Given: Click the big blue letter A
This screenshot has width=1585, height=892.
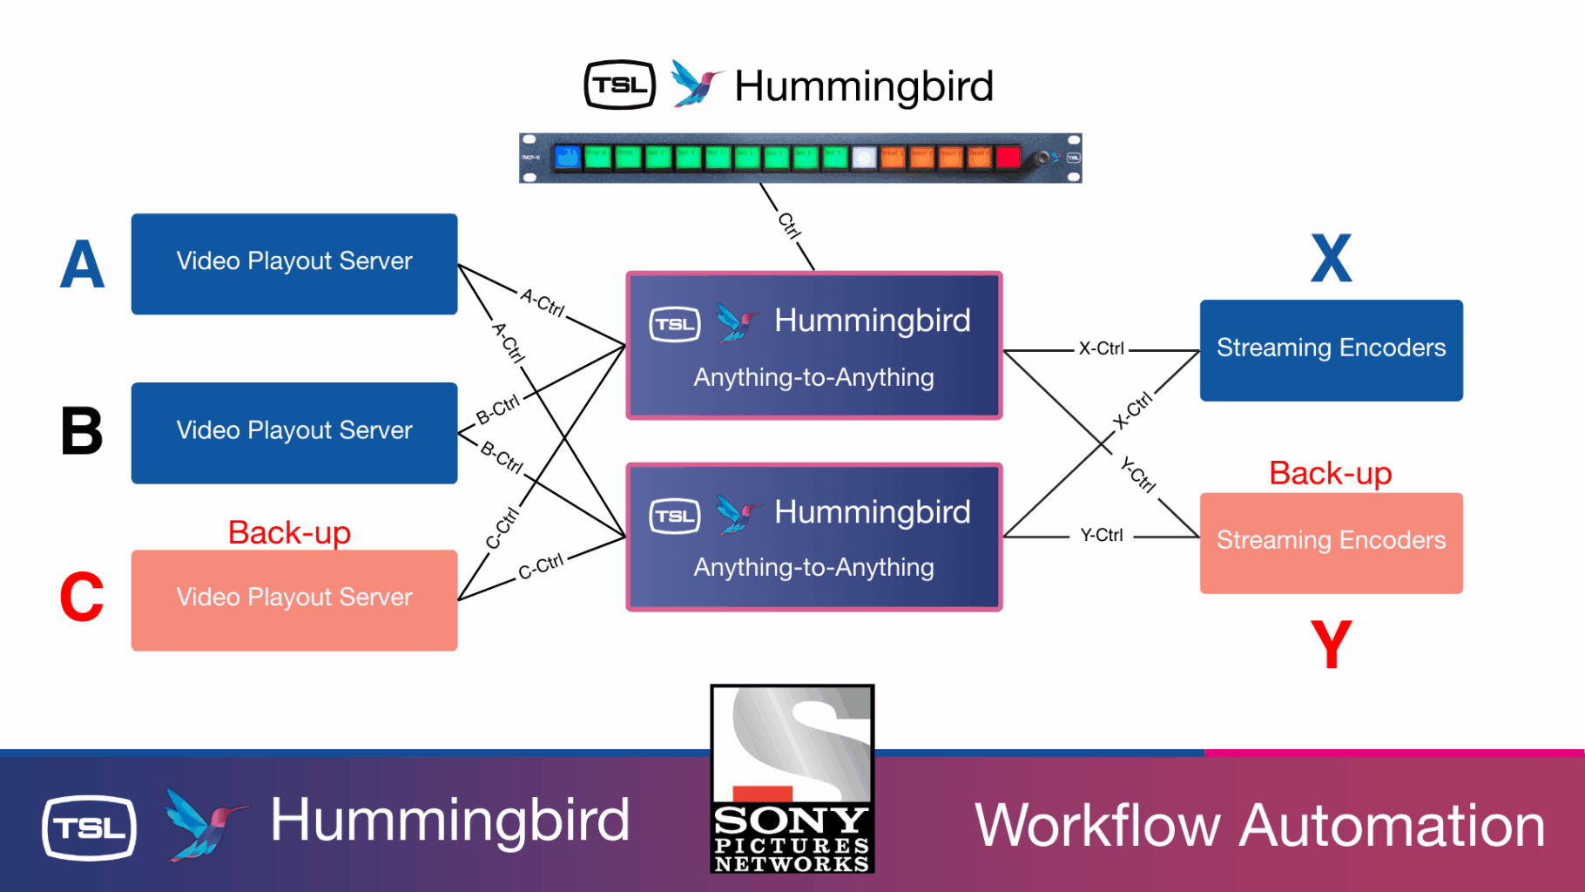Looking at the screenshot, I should (x=83, y=264).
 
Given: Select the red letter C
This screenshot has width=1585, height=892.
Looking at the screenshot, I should (x=82, y=598).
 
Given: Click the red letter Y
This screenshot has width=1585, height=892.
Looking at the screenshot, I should (x=1331, y=645).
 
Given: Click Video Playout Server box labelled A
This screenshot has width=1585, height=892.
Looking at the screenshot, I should (x=294, y=264).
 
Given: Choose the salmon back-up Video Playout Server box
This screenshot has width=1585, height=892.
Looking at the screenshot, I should (x=294, y=600).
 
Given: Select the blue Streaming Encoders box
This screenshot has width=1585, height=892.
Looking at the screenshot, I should (x=1331, y=350).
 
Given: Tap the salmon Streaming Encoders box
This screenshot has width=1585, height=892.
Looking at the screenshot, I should (x=1331, y=543).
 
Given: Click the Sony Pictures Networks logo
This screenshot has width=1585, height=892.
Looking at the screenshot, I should (x=792, y=779).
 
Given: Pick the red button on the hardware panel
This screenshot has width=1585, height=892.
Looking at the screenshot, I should (x=1008, y=158).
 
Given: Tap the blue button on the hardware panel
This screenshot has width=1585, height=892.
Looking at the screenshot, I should (x=568, y=158).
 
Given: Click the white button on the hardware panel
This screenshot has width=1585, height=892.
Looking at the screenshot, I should (x=863, y=158).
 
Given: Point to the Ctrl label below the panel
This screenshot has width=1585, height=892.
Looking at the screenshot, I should (x=789, y=226).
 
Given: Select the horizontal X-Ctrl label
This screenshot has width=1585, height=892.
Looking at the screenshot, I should (x=1101, y=348).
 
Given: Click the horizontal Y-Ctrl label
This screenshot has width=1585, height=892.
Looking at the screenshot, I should (x=1101, y=535).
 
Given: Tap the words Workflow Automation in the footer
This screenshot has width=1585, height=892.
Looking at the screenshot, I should (x=1259, y=825).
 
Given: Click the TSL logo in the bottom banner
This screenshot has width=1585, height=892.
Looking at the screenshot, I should (x=89, y=828).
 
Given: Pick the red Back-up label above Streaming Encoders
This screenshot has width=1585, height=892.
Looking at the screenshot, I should (x=1330, y=473).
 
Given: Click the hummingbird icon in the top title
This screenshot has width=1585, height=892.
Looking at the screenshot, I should (x=697, y=84).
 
